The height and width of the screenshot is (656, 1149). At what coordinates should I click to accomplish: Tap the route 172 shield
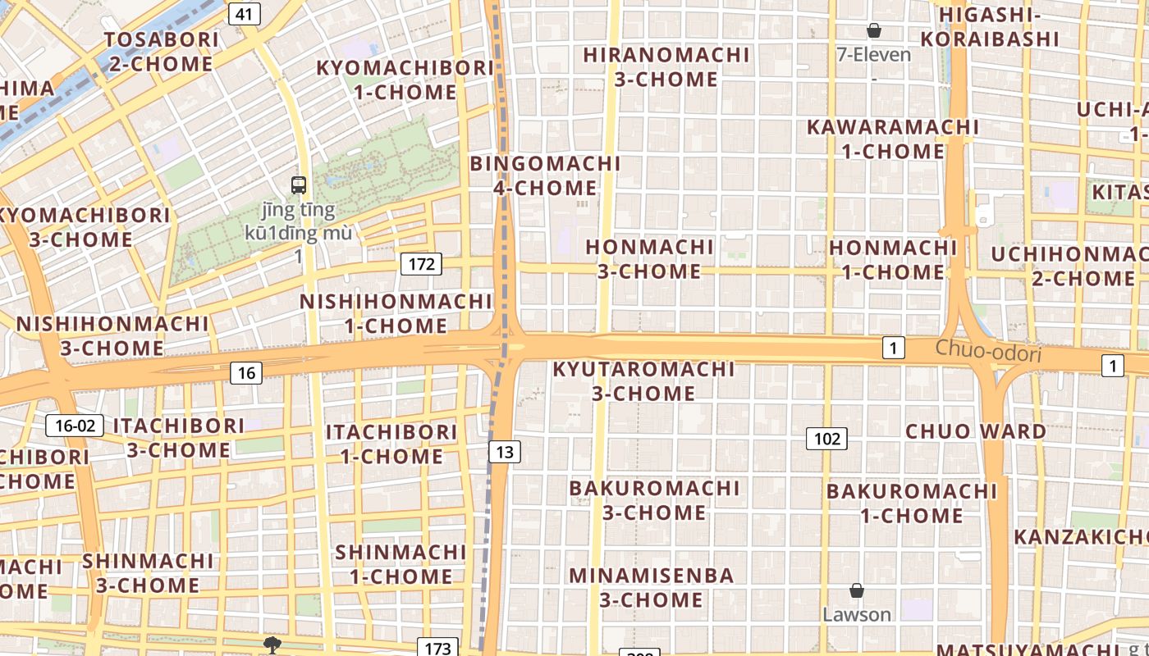tap(421, 264)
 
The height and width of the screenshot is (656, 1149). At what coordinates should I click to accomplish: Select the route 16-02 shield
tap(75, 426)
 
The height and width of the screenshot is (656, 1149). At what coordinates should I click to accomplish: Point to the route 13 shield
tap(505, 451)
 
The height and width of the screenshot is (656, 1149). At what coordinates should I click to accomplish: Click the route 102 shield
tap(826, 439)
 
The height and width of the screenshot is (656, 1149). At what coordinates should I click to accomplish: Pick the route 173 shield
tap(437, 648)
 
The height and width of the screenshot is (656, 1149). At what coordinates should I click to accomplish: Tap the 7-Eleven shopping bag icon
tap(874, 31)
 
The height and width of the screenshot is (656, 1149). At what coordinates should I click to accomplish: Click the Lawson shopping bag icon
tap(856, 590)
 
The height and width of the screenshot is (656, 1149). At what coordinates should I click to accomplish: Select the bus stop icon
tap(299, 185)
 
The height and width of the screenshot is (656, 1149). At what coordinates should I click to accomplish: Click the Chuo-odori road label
tap(988, 352)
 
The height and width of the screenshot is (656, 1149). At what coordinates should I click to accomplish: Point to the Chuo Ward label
tap(975, 431)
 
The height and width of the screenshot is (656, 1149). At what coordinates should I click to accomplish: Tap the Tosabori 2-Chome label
tap(162, 52)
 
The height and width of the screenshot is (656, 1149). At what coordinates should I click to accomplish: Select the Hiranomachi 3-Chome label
tap(666, 67)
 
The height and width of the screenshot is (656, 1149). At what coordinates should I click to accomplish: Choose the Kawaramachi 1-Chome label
tap(893, 139)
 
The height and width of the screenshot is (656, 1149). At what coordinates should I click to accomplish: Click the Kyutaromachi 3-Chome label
tap(643, 381)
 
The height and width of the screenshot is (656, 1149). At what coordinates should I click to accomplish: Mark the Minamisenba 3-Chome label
tap(652, 587)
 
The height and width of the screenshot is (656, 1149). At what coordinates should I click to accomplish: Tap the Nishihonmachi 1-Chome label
tap(396, 313)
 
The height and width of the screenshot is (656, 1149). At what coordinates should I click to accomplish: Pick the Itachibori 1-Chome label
tap(391, 444)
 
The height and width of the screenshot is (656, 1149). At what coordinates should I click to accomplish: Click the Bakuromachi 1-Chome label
tap(911, 503)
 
